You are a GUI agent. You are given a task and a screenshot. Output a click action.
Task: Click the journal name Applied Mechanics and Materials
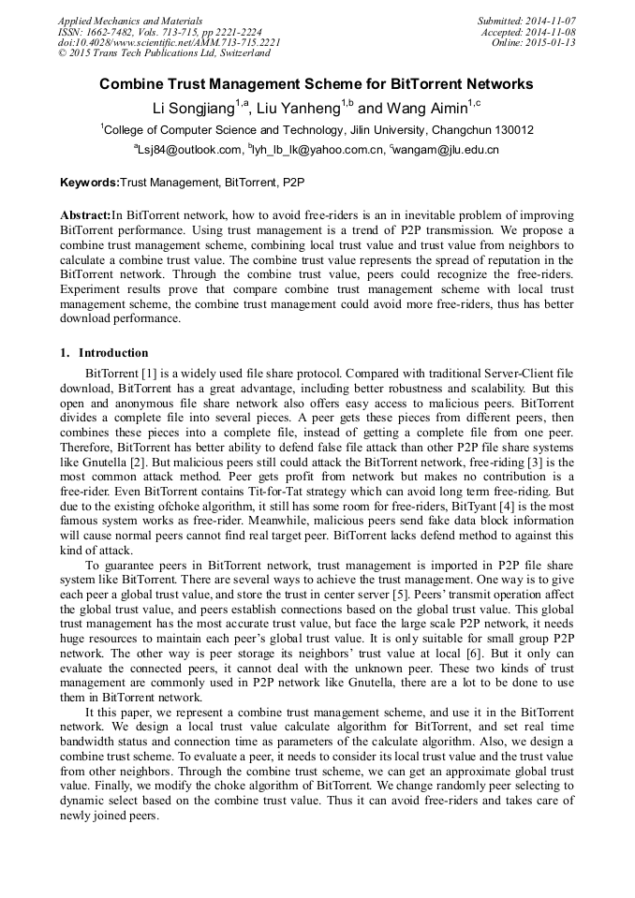pos(129,20)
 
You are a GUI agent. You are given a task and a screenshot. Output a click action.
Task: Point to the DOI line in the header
pos(169,42)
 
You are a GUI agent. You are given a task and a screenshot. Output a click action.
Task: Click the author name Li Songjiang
pos(193,108)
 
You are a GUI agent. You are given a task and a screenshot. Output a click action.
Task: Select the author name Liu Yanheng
pos(300,108)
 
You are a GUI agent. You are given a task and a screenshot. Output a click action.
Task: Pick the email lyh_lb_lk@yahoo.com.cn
pos(318,150)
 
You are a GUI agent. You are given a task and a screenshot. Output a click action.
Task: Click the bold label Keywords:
pos(90,182)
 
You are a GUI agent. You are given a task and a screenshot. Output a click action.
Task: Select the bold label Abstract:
pos(85,214)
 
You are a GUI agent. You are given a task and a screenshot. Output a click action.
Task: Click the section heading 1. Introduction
pos(104,353)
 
